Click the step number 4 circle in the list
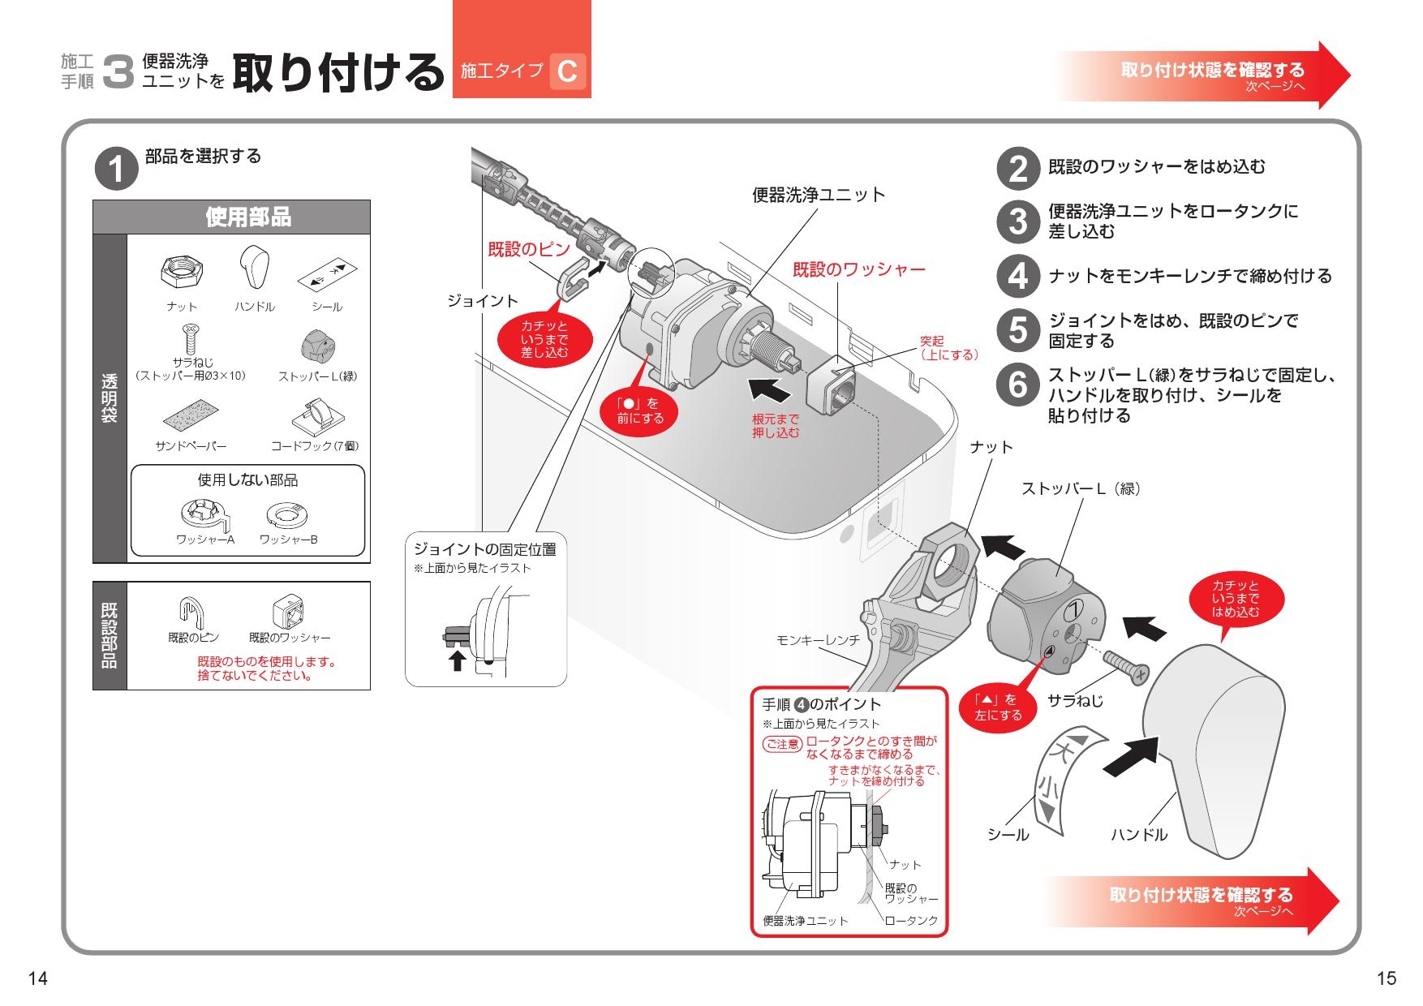(1017, 276)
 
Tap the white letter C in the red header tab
(567, 71)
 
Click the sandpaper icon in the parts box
(191, 415)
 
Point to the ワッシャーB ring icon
(288, 514)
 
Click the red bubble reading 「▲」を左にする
(998, 707)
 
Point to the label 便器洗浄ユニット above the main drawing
(818, 195)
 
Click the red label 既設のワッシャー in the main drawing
(858, 269)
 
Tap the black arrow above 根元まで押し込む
(769, 390)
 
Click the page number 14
(37, 978)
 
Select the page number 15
(1386, 978)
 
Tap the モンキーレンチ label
(818, 640)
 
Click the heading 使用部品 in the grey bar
(247, 217)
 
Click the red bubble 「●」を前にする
(640, 411)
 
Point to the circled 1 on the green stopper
(1074, 609)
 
